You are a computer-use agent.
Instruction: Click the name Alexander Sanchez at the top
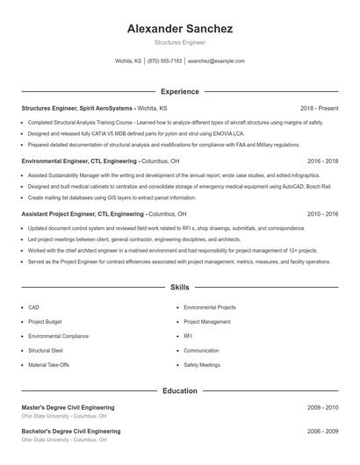pyautogui.click(x=179, y=28)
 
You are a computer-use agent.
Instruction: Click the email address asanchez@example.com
pyautogui.click(x=216, y=61)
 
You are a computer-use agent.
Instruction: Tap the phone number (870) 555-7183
pyautogui.click(x=164, y=61)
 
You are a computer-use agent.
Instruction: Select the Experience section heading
pyautogui.click(x=179, y=91)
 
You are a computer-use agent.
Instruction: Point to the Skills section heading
pyautogui.click(x=179, y=287)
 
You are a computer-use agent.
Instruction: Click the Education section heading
pyautogui.click(x=179, y=390)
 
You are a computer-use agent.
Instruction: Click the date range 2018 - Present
pyautogui.click(x=319, y=108)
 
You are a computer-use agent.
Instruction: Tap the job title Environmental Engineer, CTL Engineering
pyautogui.click(x=79, y=161)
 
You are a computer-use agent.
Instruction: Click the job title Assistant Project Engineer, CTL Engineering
pyautogui.click(x=83, y=214)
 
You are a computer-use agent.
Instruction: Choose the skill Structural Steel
pyautogui.click(x=46, y=350)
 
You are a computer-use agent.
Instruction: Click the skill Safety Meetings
pyautogui.click(x=202, y=364)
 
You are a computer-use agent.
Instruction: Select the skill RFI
pyautogui.click(x=189, y=336)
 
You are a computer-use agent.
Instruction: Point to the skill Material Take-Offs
pyautogui.click(x=49, y=364)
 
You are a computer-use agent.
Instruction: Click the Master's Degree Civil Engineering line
pyautogui.click(x=68, y=408)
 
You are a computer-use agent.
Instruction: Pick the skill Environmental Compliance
pyautogui.click(x=58, y=336)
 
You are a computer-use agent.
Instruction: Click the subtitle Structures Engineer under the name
pyautogui.click(x=179, y=42)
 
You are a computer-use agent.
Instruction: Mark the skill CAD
pyautogui.click(x=33, y=308)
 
